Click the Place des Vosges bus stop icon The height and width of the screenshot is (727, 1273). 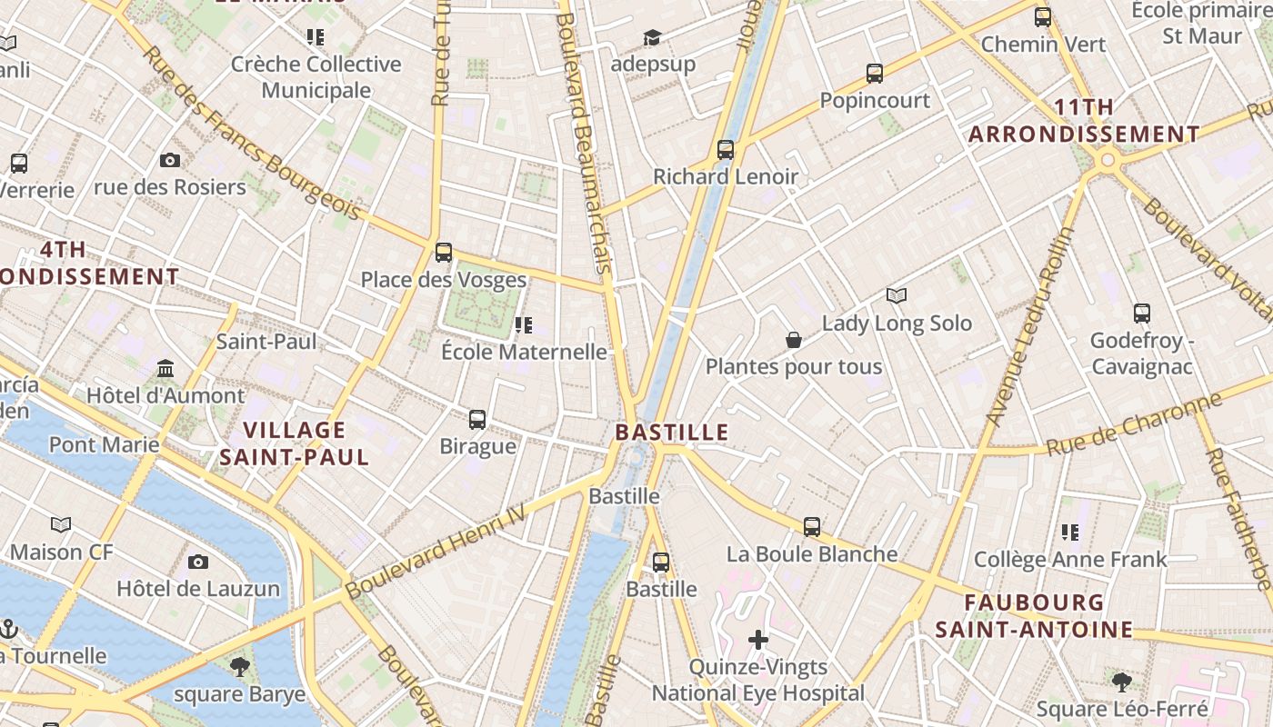click(x=444, y=252)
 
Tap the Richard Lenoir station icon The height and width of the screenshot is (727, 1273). click(x=725, y=149)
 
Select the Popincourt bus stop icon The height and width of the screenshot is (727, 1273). click(x=875, y=73)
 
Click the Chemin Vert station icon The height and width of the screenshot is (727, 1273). click(x=1043, y=16)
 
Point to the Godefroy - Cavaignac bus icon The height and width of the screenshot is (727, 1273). click(x=1142, y=314)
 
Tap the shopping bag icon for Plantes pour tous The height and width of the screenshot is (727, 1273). click(x=794, y=340)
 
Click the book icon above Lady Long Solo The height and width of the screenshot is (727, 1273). click(x=897, y=295)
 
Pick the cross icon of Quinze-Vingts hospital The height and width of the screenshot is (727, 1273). click(x=758, y=640)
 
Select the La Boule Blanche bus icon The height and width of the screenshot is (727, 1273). click(x=812, y=526)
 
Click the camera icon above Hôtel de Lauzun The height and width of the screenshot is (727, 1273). click(x=198, y=562)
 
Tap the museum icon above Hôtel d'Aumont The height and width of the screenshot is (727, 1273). click(x=165, y=369)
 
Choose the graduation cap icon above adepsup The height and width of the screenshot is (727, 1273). click(x=652, y=37)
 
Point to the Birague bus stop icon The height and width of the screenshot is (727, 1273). click(x=477, y=419)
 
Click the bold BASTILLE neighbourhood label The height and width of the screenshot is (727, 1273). click(x=672, y=432)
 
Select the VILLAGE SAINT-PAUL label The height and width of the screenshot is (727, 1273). click(x=295, y=443)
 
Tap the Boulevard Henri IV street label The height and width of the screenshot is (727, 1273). click(x=436, y=552)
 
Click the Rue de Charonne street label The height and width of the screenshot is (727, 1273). click(x=1133, y=424)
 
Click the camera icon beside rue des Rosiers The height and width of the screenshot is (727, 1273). click(x=169, y=161)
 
